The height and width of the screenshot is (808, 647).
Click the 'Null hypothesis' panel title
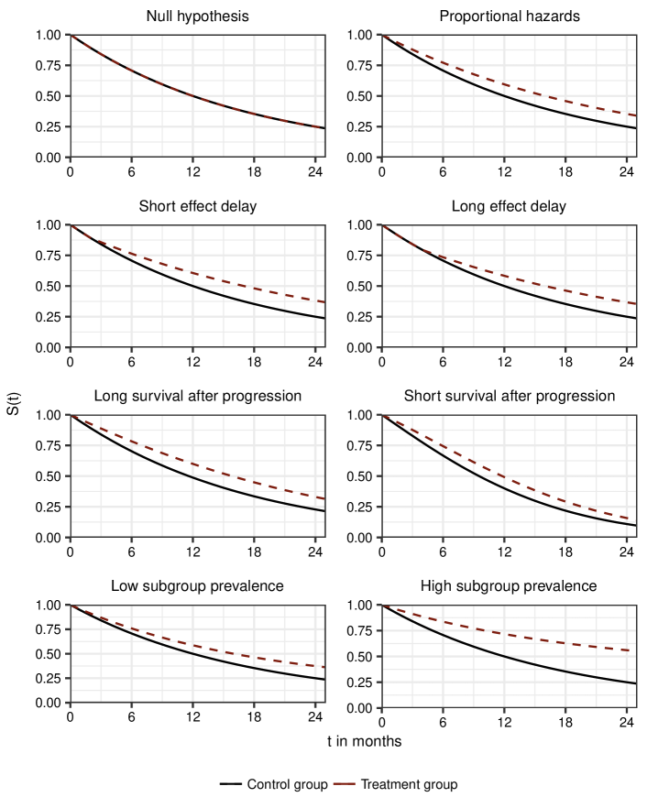point(197,16)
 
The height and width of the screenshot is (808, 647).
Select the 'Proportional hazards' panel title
point(509,16)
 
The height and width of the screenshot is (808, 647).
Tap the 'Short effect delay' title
point(197,206)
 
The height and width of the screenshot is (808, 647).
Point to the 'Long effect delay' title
point(509,206)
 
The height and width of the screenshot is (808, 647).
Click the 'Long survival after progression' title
point(197,396)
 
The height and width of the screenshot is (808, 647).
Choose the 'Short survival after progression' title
point(509,396)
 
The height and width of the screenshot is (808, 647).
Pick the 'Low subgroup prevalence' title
point(197,585)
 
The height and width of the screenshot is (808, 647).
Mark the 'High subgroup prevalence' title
point(509,585)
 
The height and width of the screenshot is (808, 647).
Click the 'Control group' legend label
point(287,784)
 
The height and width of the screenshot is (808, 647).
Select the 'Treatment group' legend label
point(409,784)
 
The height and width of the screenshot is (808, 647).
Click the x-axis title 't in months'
point(364,741)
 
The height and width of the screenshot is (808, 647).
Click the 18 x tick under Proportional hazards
point(566,171)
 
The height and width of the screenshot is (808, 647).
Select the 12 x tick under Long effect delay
point(504,361)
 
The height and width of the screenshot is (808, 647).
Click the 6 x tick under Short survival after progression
point(443,551)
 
